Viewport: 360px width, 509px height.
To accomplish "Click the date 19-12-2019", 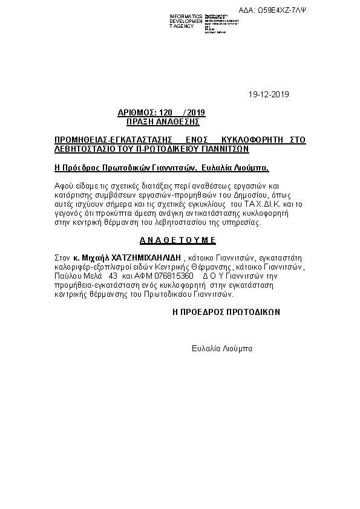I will click(x=269, y=94).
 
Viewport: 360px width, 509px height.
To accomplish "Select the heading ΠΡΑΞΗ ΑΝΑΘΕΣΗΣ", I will click(x=163, y=122).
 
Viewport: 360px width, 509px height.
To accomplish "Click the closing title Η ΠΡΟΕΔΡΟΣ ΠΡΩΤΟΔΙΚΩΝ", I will click(x=226, y=313).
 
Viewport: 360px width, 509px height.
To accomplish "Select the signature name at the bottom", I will click(x=221, y=349).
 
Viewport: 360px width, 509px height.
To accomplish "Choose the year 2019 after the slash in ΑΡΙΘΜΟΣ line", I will click(x=197, y=112).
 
